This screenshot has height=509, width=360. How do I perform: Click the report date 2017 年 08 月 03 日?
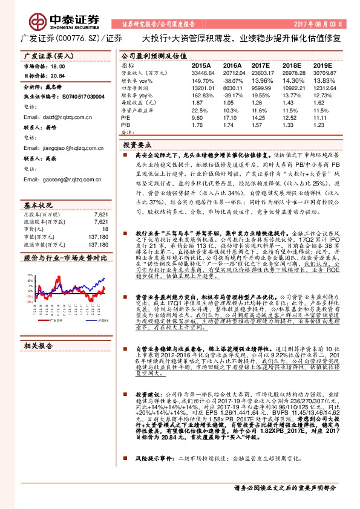315,25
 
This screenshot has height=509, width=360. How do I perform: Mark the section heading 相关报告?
38,346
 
